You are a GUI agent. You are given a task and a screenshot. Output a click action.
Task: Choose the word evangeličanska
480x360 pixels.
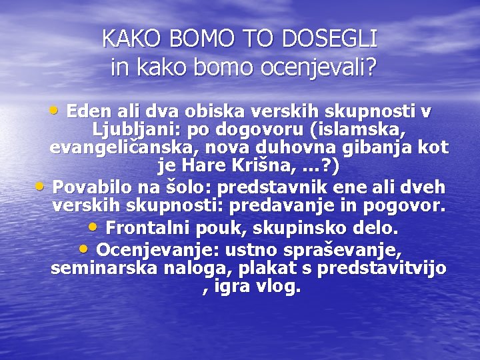[116, 147]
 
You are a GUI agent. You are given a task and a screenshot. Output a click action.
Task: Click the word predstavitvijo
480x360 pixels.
[382, 269]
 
